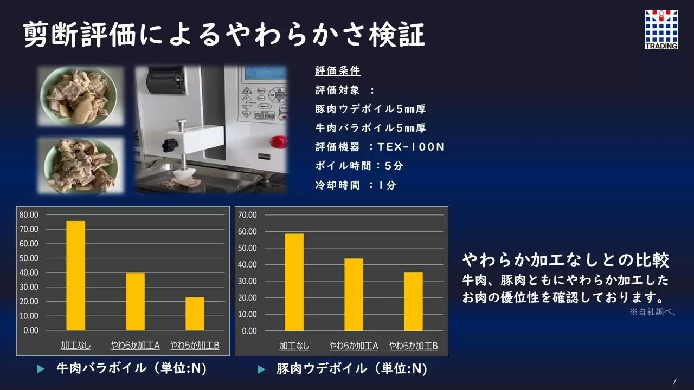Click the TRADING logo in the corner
[x=661, y=29]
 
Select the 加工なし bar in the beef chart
[x=75, y=276]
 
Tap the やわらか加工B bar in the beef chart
[x=195, y=314]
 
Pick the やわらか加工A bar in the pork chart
[x=354, y=295]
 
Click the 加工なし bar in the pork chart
[x=294, y=282]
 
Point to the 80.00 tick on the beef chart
[x=29, y=215]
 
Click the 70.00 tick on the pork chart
[x=248, y=215]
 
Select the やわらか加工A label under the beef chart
[x=136, y=345]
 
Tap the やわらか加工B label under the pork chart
[x=414, y=346]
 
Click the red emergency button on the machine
[x=279, y=142]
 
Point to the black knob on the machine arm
[x=170, y=145]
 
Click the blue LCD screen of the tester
[x=266, y=73]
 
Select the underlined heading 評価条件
[x=338, y=71]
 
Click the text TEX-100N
[x=411, y=147]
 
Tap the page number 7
[x=674, y=381]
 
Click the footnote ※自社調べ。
[x=653, y=312]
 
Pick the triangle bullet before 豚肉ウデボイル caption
[x=261, y=369]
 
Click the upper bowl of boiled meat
[x=79, y=96]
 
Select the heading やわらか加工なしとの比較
[x=566, y=260]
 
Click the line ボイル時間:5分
[x=359, y=166]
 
